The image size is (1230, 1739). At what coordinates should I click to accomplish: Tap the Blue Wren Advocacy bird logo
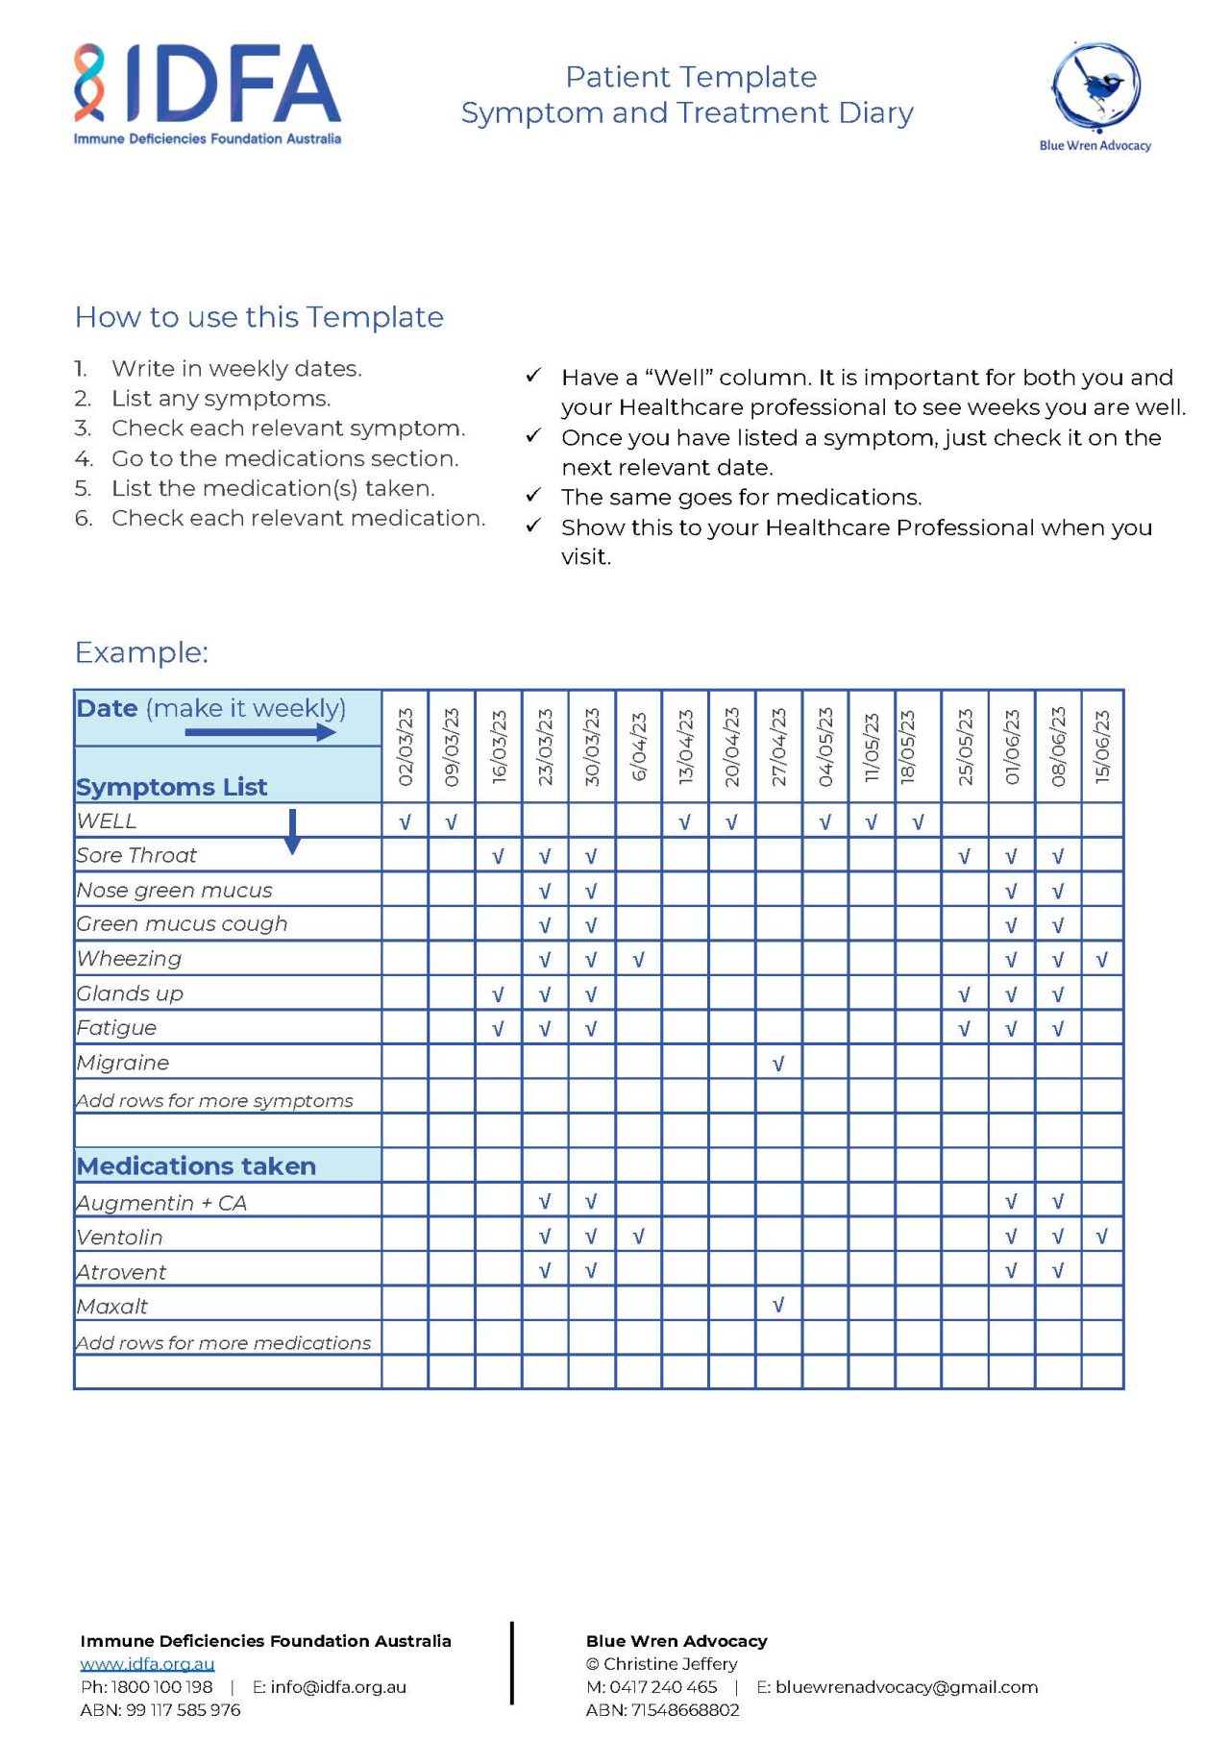pos(1095,86)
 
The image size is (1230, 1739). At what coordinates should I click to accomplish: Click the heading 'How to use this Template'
pos(259,317)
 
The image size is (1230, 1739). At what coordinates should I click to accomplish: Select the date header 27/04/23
pos(778,747)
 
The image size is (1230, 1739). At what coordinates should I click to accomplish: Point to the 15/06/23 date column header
pos(1102,747)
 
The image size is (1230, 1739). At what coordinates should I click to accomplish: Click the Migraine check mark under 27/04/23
pos(778,1064)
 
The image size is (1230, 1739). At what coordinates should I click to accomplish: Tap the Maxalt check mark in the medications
pos(778,1305)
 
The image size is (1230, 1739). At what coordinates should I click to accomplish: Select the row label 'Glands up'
pos(130,993)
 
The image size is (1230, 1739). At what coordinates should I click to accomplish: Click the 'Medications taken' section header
pos(197,1165)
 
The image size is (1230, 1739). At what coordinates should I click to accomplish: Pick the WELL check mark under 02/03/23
pos(406,822)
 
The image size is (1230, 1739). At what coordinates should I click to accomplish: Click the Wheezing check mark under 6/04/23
pos(638,960)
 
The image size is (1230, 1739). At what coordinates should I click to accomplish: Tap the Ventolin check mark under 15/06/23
pos(1102,1237)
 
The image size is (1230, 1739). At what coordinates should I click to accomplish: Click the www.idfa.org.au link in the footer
pos(147,1663)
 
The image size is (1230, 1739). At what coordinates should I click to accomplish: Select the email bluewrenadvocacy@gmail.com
pos(906,1687)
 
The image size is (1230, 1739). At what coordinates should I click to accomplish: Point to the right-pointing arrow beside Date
pos(259,732)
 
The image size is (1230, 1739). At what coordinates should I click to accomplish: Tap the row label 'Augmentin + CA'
pos(161,1203)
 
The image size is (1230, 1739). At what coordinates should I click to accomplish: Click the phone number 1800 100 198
pos(161,1687)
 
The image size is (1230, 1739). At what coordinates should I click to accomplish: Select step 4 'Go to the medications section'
pos(284,458)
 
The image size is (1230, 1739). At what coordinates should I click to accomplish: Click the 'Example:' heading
pos(141,652)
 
